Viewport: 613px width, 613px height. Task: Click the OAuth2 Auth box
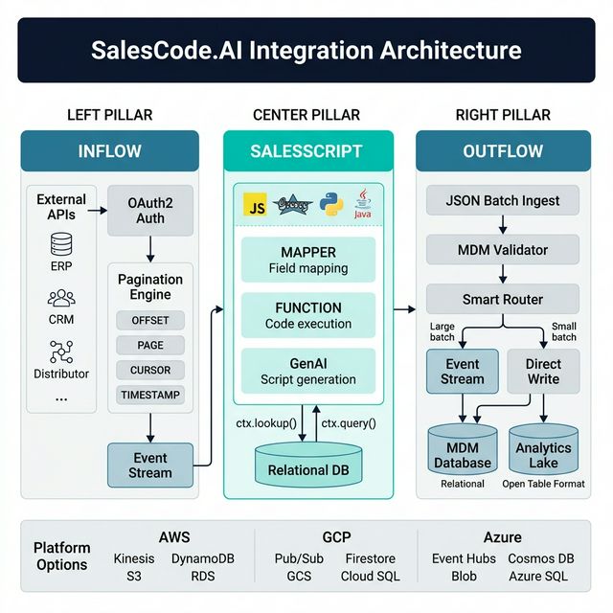(150, 211)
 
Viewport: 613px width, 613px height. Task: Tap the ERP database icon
(61, 243)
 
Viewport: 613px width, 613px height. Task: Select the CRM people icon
(61, 299)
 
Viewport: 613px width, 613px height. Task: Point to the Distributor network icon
(61, 352)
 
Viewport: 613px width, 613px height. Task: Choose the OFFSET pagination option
(150, 320)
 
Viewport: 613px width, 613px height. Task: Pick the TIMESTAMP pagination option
(150, 395)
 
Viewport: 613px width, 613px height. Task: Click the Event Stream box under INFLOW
(150, 464)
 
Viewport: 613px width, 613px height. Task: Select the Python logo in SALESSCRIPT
(331, 205)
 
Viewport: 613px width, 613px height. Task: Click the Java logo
(362, 205)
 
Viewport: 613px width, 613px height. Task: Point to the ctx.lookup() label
(267, 422)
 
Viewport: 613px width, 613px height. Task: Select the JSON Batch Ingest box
(503, 201)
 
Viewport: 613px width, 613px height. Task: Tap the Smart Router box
(503, 299)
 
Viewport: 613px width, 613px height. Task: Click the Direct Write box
(543, 372)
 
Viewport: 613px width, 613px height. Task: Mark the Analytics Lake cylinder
(543, 451)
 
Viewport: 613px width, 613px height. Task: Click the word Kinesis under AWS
(133, 558)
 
